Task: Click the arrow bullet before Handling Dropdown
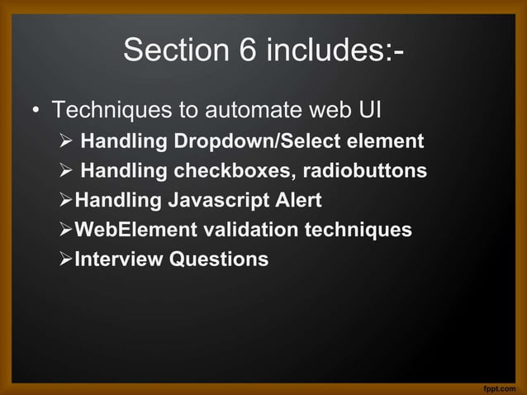(68, 141)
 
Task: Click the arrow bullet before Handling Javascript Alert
(66, 201)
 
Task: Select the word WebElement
(131, 230)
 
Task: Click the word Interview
(119, 259)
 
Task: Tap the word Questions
(219, 259)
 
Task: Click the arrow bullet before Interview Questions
(66, 259)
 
